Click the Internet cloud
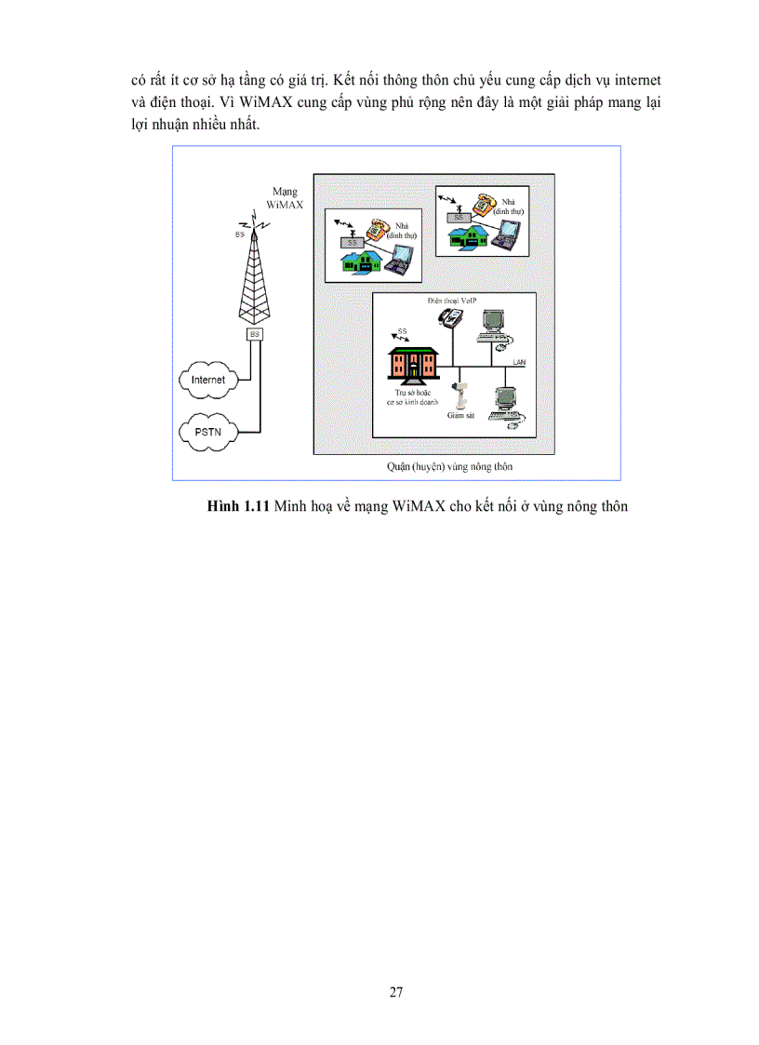pyautogui.click(x=208, y=380)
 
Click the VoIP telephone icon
pyautogui.click(x=451, y=317)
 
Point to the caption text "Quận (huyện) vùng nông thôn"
pyautogui.click(x=436, y=465)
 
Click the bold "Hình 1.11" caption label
pyautogui.click(x=238, y=506)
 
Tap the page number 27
pyautogui.click(x=396, y=991)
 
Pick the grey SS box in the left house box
pyautogui.click(x=351, y=242)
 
